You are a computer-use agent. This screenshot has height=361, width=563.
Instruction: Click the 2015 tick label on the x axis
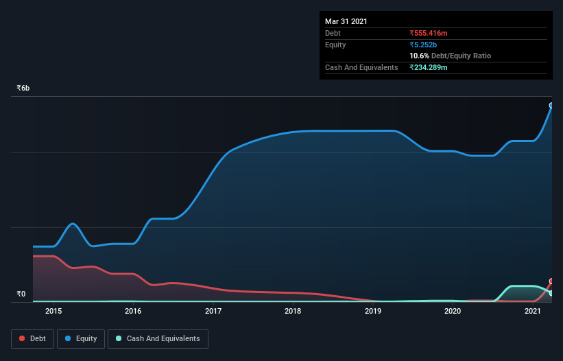click(53, 311)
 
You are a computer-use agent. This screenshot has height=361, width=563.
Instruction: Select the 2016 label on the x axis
click(133, 311)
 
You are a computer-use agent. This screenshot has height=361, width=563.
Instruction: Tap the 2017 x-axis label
click(213, 311)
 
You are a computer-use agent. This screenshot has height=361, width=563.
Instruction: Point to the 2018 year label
click(293, 311)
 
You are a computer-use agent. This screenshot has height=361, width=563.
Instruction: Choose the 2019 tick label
click(373, 311)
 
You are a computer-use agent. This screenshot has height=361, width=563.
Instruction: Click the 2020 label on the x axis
click(453, 311)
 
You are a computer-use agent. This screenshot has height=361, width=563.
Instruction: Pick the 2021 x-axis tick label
click(533, 311)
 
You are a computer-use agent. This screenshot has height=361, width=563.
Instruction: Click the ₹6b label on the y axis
click(23, 89)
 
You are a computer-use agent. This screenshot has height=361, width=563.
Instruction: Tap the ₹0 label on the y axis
click(21, 294)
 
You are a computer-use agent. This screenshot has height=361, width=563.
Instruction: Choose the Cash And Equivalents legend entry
click(158, 338)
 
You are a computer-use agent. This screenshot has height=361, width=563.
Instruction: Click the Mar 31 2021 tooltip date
click(346, 21)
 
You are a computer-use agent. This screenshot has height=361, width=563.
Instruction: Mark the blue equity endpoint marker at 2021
click(551, 106)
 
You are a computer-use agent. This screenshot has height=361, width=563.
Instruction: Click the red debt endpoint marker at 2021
click(551, 282)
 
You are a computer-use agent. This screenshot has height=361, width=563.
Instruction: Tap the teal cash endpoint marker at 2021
click(551, 293)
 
